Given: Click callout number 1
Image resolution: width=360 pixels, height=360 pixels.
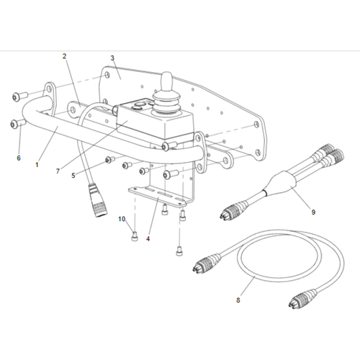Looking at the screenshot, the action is click(x=37, y=165).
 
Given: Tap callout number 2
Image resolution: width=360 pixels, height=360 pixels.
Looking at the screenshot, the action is click(x=64, y=56).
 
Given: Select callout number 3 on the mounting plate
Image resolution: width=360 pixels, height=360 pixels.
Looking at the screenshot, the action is click(x=112, y=58).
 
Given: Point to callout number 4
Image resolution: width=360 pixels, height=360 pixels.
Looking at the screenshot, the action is click(x=148, y=239).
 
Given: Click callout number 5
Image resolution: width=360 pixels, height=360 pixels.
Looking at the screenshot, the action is click(x=73, y=176).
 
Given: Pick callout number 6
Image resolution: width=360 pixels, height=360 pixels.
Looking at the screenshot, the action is click(x=19, y=158).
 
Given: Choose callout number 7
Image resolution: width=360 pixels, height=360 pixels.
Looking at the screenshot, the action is click(x=58, y=171).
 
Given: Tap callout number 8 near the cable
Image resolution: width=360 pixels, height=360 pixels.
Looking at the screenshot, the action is click(x=238, y=300).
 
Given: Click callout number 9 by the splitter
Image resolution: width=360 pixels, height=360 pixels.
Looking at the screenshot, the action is click(x=313, y=212).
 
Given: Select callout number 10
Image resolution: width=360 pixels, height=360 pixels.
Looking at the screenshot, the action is click(x=122, y=219).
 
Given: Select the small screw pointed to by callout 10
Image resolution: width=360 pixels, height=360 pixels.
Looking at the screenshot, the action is click(x=135, y=237).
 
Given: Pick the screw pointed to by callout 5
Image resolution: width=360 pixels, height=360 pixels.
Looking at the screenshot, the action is click(x=110, y=159).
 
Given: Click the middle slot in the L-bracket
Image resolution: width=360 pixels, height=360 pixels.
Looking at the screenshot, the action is click(x=161, y=193).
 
